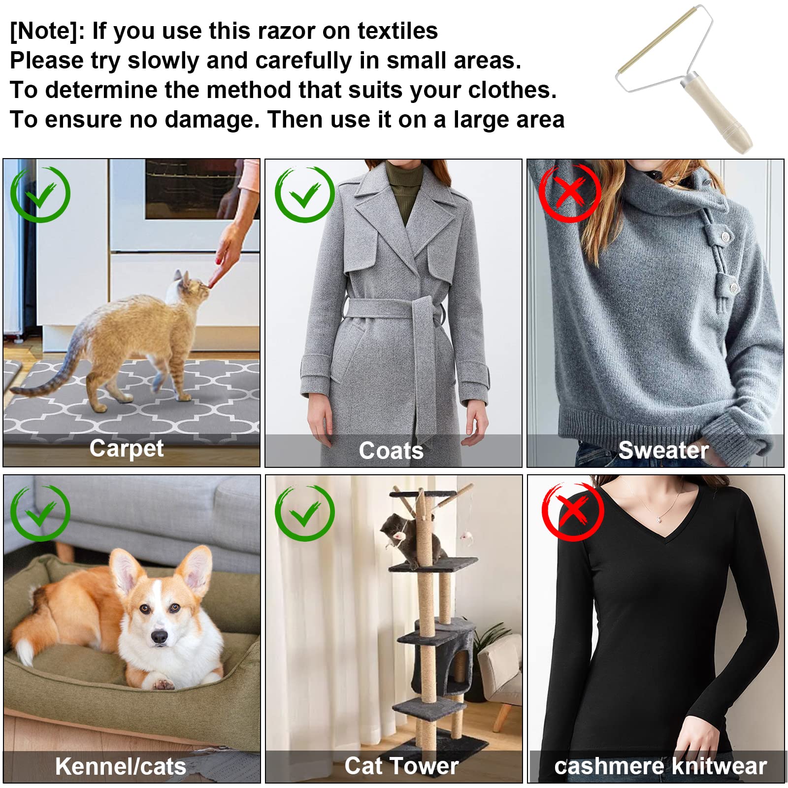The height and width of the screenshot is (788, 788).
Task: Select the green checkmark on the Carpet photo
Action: [x=40, y=194]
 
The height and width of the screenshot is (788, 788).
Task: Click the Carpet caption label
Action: [x=127, y=449]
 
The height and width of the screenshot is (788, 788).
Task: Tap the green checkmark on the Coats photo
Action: [x=304, y=194]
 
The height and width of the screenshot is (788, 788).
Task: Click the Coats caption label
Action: [x=391, y=451]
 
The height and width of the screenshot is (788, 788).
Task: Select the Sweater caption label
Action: [x=663, y=450]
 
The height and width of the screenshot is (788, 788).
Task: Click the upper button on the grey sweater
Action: [x=723, y=237]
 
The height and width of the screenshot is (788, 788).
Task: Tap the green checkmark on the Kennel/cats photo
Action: [x=40, y=513]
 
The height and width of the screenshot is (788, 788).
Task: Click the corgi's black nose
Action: [x=160, y=636]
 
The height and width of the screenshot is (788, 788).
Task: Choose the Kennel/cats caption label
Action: [x=121, y=766]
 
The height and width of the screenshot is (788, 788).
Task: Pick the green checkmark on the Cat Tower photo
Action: [x=304, y=513]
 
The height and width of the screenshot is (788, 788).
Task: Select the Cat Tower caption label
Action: [x=401, y=766]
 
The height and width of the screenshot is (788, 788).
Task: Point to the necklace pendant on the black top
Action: [x=659, y=519]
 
